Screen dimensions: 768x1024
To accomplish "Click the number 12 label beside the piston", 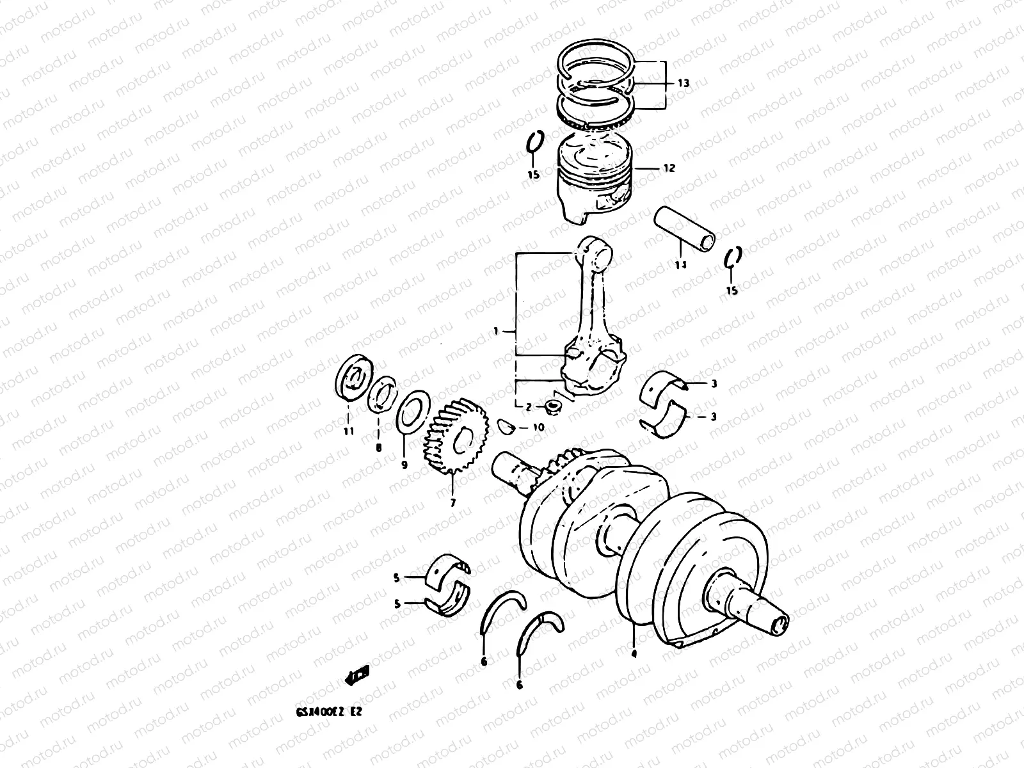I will [669, 169].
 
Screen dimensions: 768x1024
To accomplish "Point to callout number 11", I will [348, 431].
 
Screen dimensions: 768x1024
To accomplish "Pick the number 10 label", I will [538, 427].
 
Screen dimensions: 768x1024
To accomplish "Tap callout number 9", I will [404, 465].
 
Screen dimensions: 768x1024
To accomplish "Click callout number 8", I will [378, 448].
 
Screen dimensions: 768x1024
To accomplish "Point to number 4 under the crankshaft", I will [634, 653].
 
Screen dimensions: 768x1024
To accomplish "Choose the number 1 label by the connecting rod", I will [496, 331].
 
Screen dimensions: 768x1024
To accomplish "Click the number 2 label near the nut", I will [529, 407].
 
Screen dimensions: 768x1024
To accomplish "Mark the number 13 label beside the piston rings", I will [683, 83].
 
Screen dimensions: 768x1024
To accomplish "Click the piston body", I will [594, 182].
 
